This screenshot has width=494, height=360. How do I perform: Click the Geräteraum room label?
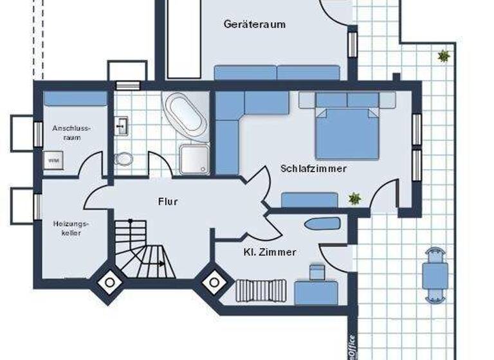[254, 24]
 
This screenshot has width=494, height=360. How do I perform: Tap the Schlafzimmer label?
[314, 168]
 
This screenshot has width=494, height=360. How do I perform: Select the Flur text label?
[167, 201]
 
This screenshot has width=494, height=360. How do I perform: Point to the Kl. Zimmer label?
[270, 252]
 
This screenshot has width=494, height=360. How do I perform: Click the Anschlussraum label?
[71, 132]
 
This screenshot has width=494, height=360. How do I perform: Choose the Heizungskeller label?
[71, 228]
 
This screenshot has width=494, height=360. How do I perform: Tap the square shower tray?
[195, 159]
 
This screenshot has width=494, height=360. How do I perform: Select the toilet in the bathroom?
[123, 158]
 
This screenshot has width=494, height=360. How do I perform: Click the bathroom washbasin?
[122, 127]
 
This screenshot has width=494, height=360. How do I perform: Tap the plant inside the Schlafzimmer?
[354, 199]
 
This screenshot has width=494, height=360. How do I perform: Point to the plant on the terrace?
[443, 56]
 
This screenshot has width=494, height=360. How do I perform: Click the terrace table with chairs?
[435, 274]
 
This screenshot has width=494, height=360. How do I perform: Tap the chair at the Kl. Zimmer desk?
[316, 273]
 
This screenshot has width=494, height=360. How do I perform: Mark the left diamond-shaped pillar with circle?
[110, 282]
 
